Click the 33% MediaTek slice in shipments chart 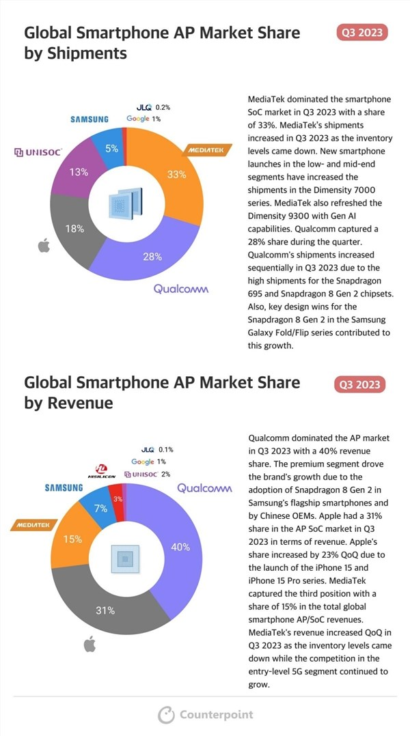(x=176, y=175)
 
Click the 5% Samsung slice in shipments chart (x=111, y=147)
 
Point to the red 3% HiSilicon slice (x=118, y=499)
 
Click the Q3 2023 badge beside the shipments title (x=362, y=32)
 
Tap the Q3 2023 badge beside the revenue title (x=360, y=384)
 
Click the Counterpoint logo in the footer (x=205, y=714)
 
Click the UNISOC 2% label (x=150, y=474)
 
